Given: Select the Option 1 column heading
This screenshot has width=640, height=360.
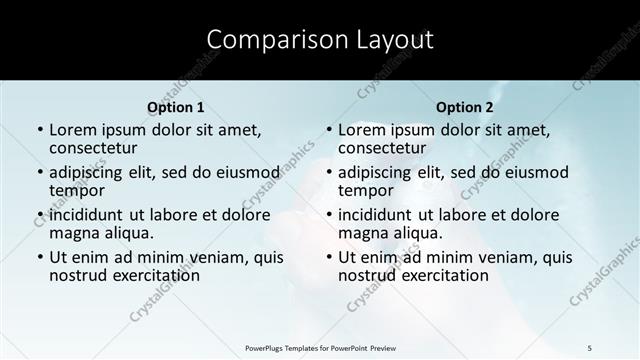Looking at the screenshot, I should pyautogui.click(x=175, y=107).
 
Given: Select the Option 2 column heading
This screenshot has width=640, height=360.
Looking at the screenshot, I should pyautogui.click(x=464, y=107).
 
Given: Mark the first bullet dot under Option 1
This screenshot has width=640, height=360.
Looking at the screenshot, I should pyautogui.click(x=39, y=130).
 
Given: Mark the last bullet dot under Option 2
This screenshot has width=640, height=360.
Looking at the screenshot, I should pyautogui.click(x=328, y=257).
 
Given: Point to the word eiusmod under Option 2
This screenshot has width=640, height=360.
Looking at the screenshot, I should pyautogui.click(x=537, y=171).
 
